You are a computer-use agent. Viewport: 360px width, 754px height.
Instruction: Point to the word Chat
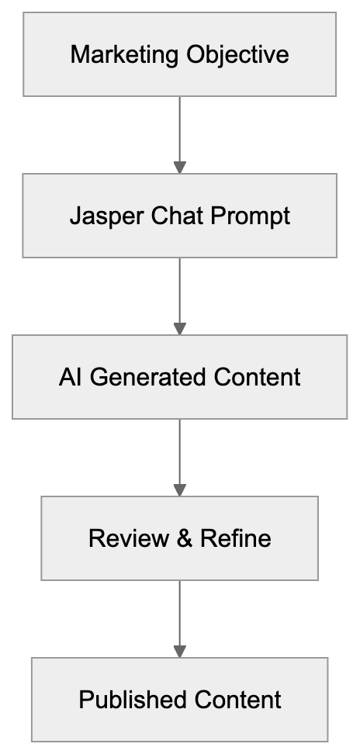(x=172, y=216)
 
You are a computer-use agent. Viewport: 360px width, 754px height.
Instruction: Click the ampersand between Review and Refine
(x=185, y=538)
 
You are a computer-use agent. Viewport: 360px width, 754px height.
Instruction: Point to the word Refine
(x=236, y=538)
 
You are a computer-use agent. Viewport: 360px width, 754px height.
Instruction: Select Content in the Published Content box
(x=237, y=700)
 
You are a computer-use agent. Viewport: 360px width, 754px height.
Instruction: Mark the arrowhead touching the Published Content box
(x=180, y=652)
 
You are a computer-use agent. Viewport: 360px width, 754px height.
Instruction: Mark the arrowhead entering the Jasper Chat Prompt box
(x=180, y=168)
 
